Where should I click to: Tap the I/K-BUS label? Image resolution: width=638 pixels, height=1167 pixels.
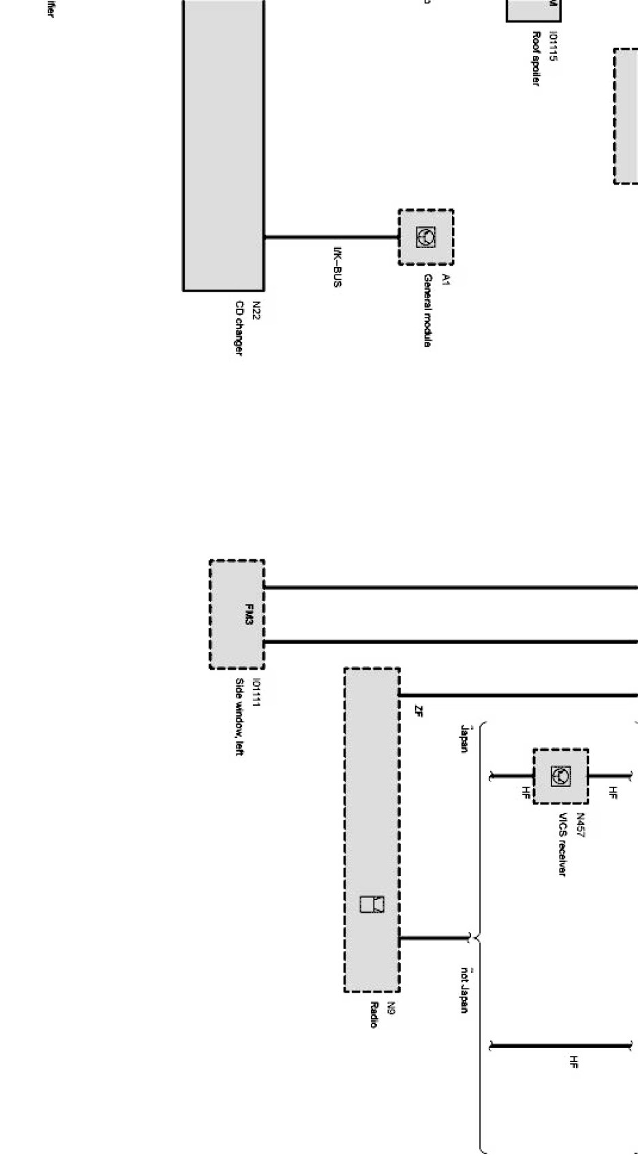pos(337,266)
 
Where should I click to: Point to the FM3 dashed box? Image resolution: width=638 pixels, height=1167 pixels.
pos(237,614)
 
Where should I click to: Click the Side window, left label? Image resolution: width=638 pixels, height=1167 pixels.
pos(239,716)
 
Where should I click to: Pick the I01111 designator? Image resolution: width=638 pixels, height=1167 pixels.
pos(256,692)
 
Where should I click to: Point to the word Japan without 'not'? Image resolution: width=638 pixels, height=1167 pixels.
pos(464,738)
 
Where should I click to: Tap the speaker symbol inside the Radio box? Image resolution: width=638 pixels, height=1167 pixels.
pos(372,904)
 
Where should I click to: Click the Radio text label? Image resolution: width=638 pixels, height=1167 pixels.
pos(374,1014)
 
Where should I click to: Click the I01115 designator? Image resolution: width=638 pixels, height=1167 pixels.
pos(553,46)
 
